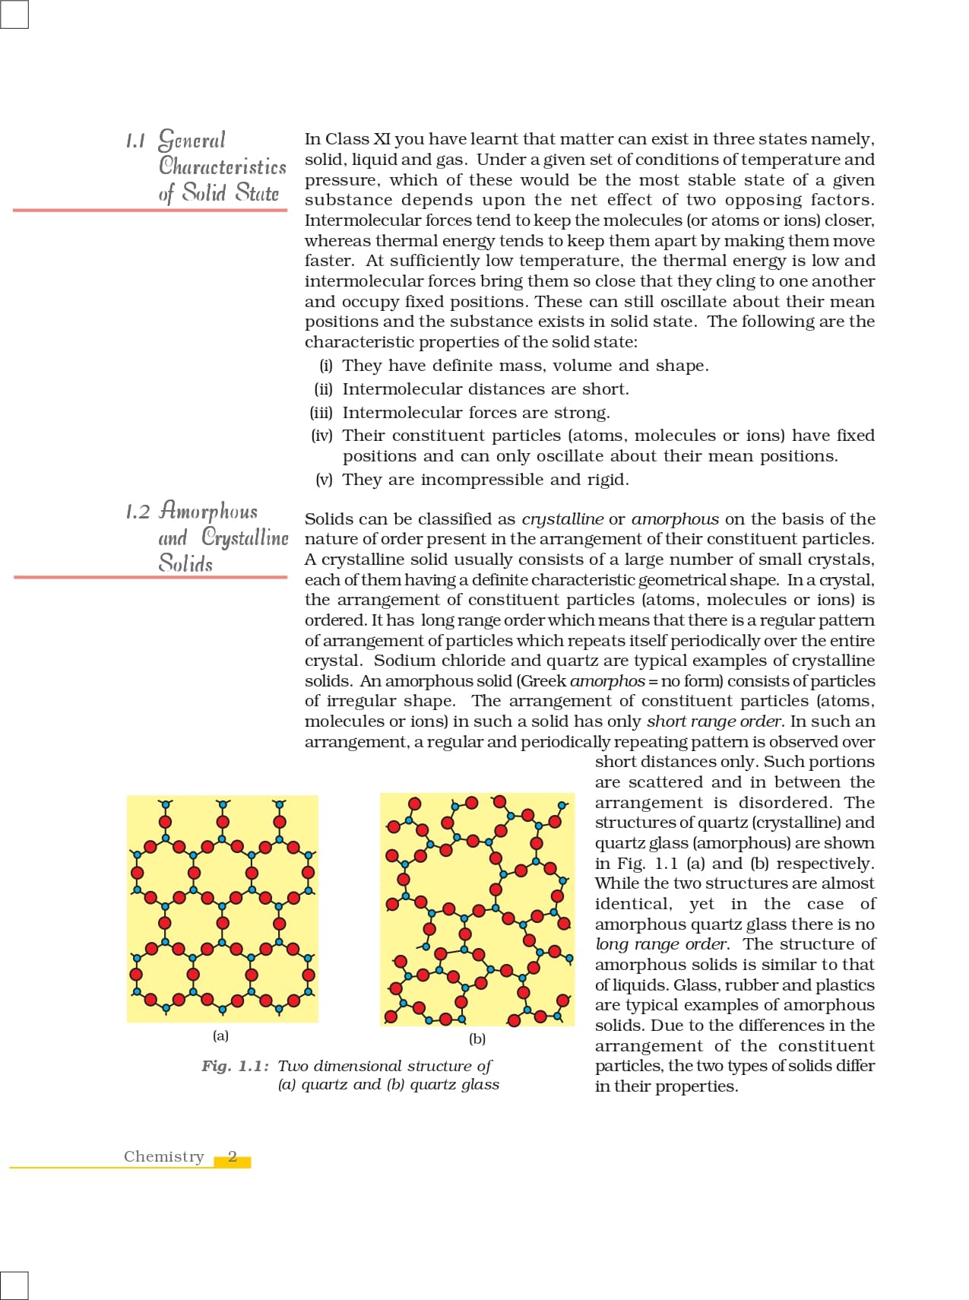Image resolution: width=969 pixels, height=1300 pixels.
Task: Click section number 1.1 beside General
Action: (x=135, y=141)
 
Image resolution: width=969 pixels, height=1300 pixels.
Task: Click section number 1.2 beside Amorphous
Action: (x=138, y=512)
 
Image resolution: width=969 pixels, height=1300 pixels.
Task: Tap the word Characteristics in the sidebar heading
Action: (x=223, y=166)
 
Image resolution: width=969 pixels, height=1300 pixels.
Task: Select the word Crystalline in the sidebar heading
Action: (x=245, y=537)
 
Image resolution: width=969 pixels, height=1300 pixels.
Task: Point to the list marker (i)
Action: (x=326, y=366)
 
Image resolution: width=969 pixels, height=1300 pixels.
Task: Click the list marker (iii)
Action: (x=321, y=413)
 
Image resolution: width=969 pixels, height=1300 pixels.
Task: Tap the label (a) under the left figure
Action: (x=220, y=1035)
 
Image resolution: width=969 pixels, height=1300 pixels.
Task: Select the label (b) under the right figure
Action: (x=477, y=1038)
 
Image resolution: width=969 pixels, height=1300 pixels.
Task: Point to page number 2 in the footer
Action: (x=233, y=1157)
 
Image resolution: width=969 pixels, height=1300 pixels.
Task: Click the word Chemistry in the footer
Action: (x=164, y=1156)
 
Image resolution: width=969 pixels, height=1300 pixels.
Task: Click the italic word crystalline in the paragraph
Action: (x=562, y=519)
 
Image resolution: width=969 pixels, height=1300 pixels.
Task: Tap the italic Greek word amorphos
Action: (x=607, y=681)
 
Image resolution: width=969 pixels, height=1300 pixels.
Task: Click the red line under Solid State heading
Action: (x=150, y=209)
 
